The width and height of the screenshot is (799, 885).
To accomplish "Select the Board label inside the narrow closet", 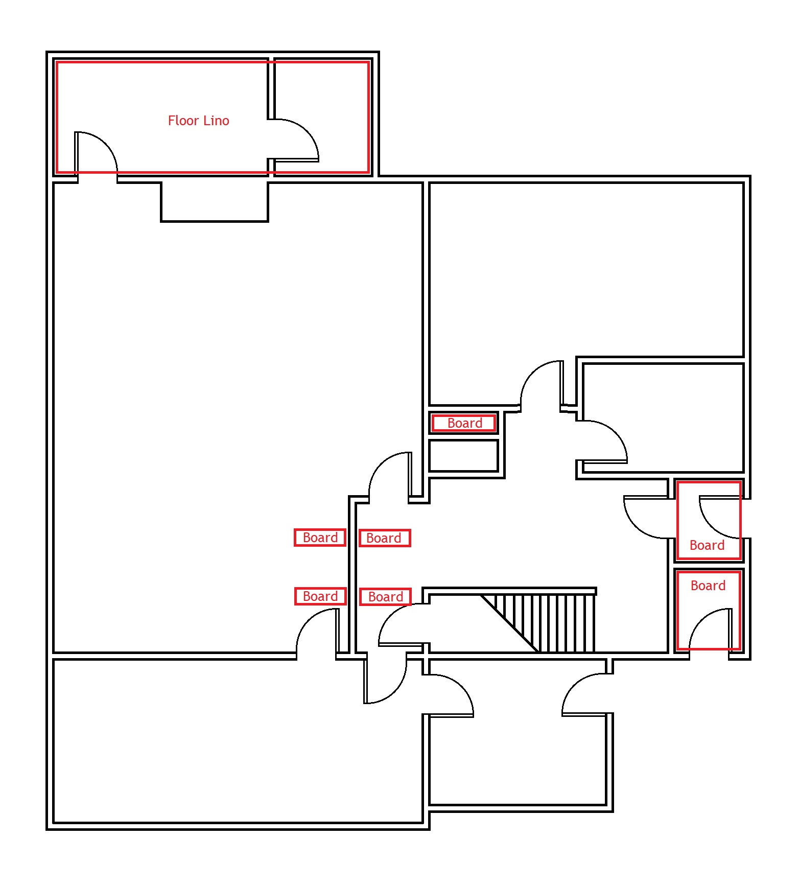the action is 464,423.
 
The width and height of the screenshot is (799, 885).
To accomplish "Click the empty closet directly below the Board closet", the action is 463,456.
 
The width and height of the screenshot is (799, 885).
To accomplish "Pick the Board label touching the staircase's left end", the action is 385,597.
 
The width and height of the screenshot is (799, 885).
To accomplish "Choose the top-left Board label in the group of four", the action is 320,538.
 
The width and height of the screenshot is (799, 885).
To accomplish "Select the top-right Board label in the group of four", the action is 384,538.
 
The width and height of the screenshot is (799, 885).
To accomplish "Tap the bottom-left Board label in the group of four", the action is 320,596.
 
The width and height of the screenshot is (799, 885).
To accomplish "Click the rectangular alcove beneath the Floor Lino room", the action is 215,201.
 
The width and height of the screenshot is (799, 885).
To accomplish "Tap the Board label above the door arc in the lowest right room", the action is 708,586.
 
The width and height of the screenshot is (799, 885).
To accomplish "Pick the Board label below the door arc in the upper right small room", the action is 707,545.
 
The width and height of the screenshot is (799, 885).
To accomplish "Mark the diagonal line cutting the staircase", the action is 509,623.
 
